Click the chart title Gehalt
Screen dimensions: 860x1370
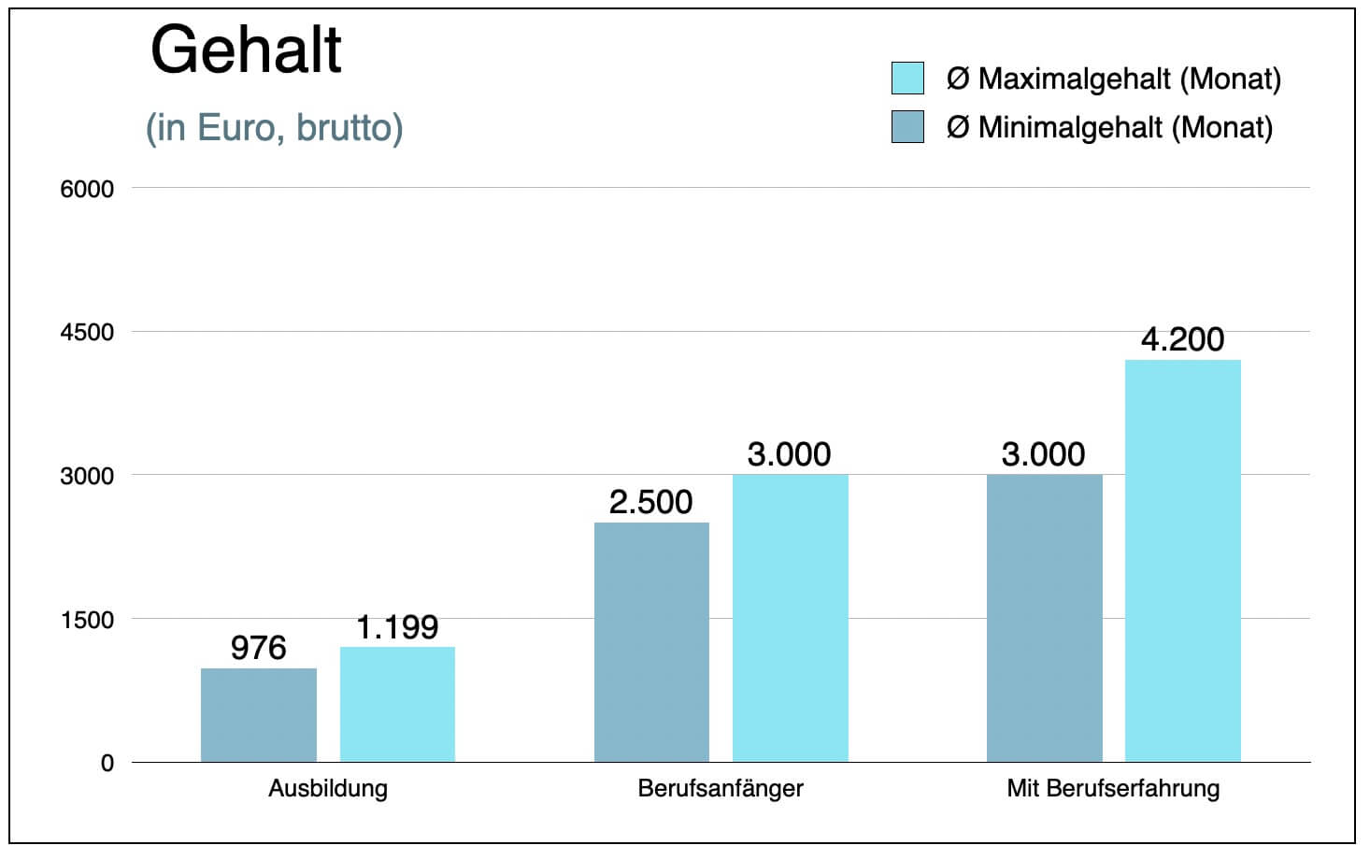pyautogui.click(x=246, y=50)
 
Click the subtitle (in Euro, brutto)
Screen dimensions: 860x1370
pyautogui.click(x=274, y=128)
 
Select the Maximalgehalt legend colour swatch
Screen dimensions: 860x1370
pyautogui.click(x=907, y=79)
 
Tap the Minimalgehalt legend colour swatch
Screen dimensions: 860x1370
pyautogui.click(x=907, y=127)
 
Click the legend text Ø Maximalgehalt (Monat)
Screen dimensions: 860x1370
pyautogui.click(x=1113, y=79)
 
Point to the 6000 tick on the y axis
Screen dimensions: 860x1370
pyautogui.click(x=87, y=189)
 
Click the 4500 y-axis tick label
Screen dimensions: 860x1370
pyautogui.click(x=87, y=333)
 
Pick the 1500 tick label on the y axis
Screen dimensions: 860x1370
pyautogui.click(x=87, y=620)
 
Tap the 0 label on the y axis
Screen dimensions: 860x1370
pyautogui.click(x=107, y=763)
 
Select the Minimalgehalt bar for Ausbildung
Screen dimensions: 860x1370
pyautogui.click(x=259, y=715)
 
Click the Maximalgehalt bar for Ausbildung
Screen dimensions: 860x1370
pyautogui.click(x=397, y=704)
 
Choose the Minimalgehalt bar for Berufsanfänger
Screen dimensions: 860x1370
pyautogui.click(x=651, y=642)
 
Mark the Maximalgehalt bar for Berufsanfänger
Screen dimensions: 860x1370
pyautogui.click(x=790, y=618)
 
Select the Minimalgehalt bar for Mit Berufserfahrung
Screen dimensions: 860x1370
pyautogui.click(x=1044, y=618)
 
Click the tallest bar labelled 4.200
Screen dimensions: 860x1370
pyautogui.click(x=1182, y=561)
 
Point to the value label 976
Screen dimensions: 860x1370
pyautogui.click(x=258, y=648)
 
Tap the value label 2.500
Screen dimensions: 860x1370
pyautogui.click(x=651, y=502)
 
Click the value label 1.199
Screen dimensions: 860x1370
pyautogui.click(x=397, y=627)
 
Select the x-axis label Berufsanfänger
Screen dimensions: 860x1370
pyautogui.click(x=721, y=788)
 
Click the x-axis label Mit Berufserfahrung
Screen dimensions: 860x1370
pyautogui.click(x=1113, y=788)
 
